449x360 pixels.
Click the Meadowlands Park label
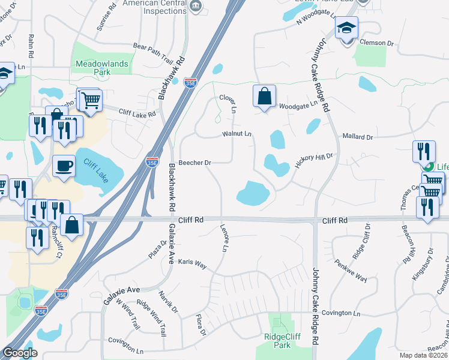point(93,67)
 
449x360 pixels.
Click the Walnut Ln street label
point(237,133)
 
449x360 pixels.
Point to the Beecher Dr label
point(196,163)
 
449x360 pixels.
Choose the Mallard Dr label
point(358,137)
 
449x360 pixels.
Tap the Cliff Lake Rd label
point(137,113)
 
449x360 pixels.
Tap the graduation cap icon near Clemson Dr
point(346,29)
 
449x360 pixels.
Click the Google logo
point(20,353)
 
